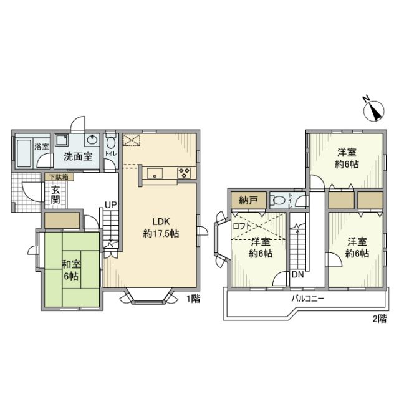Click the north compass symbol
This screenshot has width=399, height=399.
(373, 110)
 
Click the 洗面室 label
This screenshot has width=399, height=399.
(78, 156)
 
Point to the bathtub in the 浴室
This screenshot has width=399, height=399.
(24, 152)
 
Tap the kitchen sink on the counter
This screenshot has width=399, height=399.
(156, 173)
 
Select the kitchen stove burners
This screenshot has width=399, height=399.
(186, 173)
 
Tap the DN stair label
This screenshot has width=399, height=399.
(298, 275)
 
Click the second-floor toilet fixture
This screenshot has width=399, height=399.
(279, 200)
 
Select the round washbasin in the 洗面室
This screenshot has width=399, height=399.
(93, 140)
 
